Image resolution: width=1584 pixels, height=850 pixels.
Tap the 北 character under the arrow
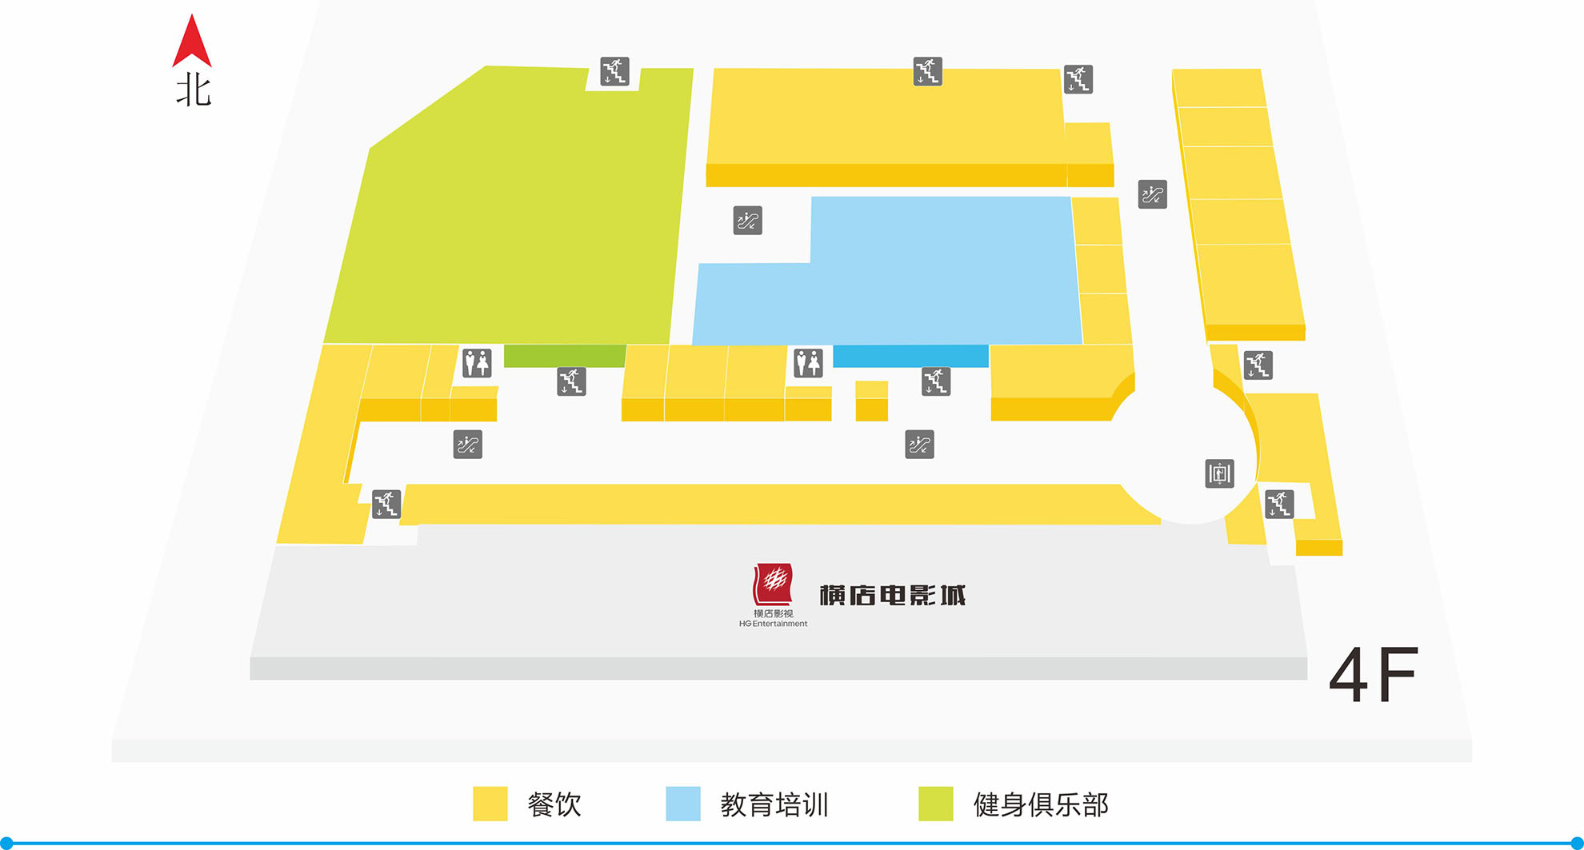[193, 90]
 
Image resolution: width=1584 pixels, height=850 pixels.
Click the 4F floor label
[1373, 676]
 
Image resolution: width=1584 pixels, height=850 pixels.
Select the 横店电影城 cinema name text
[892, 596]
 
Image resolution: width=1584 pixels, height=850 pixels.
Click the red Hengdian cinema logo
[772, 585]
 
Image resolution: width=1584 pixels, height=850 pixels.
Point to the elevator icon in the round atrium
[1219, 473]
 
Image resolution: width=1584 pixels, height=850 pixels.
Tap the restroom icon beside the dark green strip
[477, 363]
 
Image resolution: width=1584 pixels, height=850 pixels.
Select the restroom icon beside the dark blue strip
[808, 363]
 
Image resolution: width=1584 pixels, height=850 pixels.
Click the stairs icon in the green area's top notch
[614, 71]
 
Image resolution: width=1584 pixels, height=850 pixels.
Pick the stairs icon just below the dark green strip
[571, 381]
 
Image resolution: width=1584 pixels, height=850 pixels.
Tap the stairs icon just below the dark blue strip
[935, 381]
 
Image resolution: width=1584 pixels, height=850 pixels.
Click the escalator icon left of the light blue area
[747, 221]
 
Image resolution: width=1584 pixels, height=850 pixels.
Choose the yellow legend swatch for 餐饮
[490, 804]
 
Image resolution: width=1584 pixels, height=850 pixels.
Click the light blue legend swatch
[682, 804]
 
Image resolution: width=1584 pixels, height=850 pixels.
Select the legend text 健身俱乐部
[1040, 804]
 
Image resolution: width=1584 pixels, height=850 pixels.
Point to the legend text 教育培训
[774, 804]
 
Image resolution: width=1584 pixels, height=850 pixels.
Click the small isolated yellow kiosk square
[871, 401]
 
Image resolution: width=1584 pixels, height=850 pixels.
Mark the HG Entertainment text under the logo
[773, 624]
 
